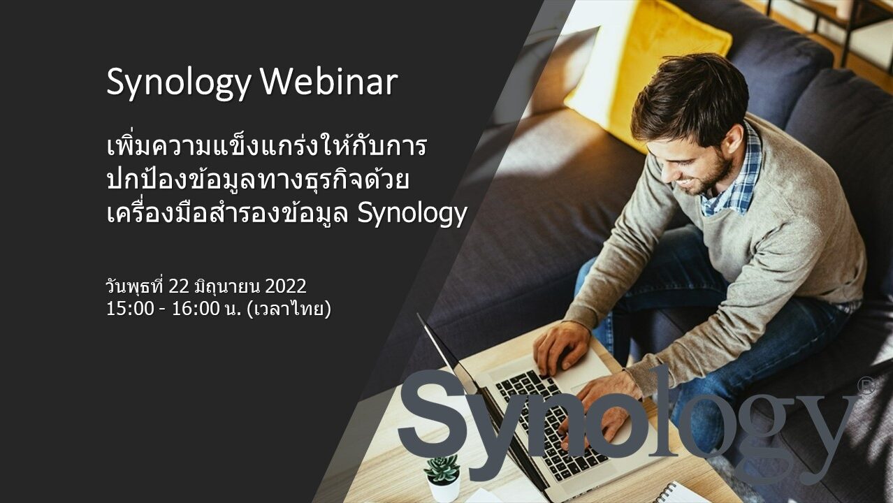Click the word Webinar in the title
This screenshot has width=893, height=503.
click(x=329, y=82)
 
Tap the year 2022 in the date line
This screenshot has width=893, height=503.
click(x=286, y=286)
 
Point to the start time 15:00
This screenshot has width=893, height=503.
click(x=130, y=309)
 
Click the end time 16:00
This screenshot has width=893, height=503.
click(x=196, y=309)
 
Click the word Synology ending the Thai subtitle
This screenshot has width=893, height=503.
click(x=412, y=214)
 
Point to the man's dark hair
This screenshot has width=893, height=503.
click(x=694, y=96)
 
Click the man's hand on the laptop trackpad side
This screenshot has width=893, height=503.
click(x=562, y=347)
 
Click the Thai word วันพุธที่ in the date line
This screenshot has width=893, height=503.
click(x=135, y=286)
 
